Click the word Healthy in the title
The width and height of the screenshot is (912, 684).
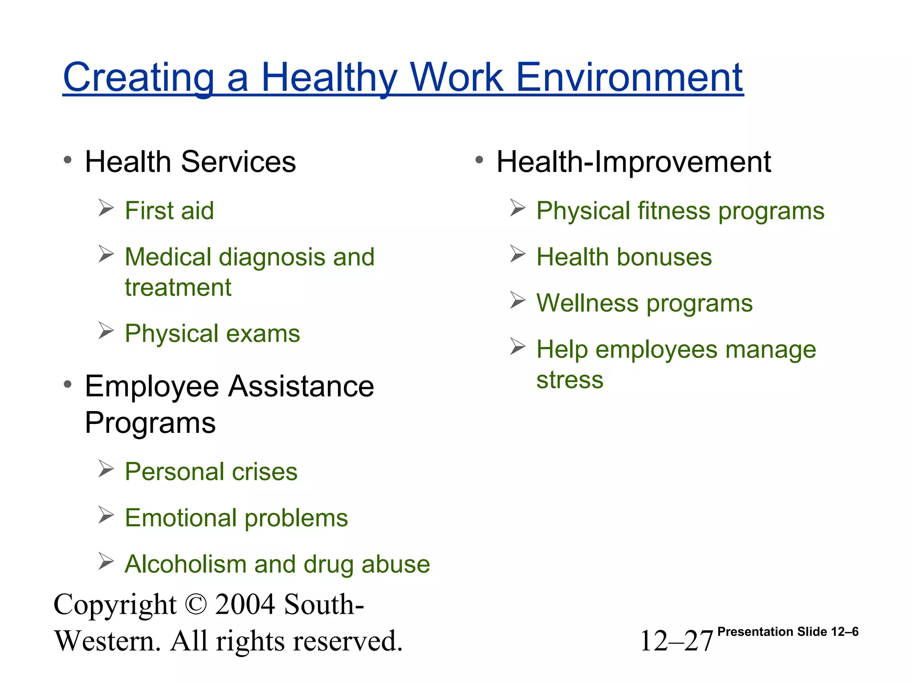coord(329,78)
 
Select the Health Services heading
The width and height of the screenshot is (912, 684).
coord(190,162)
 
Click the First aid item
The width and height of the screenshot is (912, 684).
coord(169,211)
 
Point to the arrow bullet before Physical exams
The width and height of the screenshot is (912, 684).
coord(106,331)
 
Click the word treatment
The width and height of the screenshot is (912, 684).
coord(178,287)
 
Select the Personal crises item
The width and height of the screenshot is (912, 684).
coord(211,472)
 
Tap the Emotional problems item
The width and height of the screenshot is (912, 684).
coord(236,518)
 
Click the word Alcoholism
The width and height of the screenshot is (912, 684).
coord(185,564)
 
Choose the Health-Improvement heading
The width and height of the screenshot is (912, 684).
coord(633,162)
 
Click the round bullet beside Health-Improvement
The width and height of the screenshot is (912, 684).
coord(479,160)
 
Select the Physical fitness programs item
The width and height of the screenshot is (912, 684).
coord(680,211)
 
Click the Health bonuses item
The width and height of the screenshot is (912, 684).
coord(624,257)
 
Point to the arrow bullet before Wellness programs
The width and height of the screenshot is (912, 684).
coord(518,301)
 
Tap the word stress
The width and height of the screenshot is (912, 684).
coord(570,380)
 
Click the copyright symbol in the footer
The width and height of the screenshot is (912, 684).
coord(195,604)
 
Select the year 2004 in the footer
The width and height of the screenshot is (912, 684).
coord(244,604)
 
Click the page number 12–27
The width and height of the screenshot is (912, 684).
coord(676,641)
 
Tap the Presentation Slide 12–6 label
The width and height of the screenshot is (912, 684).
coord(788,631)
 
